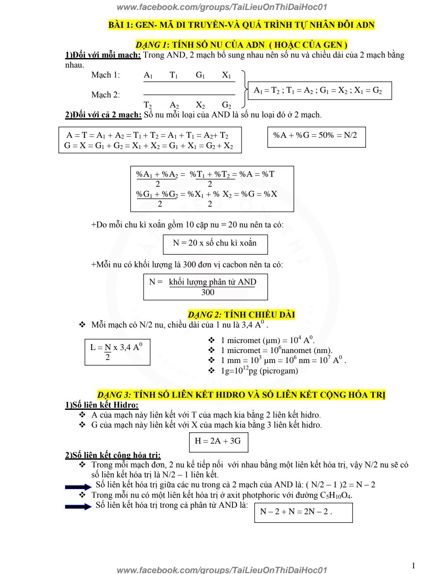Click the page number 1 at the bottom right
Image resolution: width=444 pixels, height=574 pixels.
point(413,565)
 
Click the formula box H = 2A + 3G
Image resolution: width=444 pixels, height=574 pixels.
point(219,441)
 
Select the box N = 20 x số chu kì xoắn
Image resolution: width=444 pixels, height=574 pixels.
point(215,244)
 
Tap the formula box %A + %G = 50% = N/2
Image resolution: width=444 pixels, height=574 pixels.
point(316,136)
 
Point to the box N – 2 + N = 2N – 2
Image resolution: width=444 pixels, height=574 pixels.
point(303,512)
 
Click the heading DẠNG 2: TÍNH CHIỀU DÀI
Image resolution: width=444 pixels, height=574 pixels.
point(242,315)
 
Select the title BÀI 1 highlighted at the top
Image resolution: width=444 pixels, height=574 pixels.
point(242,25)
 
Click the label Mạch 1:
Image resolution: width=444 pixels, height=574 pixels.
point(105,75)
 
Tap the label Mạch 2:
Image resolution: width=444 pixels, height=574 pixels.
point(105,95)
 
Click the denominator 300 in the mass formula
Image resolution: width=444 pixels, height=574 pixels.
point(208,292)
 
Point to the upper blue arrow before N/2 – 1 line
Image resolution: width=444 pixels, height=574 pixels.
point(78,487)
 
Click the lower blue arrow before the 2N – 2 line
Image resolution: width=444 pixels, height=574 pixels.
point(78,506)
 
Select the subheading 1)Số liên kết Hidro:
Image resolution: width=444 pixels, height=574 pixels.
point(102,405)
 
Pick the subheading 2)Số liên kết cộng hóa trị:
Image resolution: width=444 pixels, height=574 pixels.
point(113,455)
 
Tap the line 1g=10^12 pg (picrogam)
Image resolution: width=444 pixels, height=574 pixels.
point(259,370)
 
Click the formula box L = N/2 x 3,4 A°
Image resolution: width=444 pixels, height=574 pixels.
point(117,351)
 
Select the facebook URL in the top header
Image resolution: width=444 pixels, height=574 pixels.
point(222,7)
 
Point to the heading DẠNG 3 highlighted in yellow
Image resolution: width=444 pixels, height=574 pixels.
point(241,395)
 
